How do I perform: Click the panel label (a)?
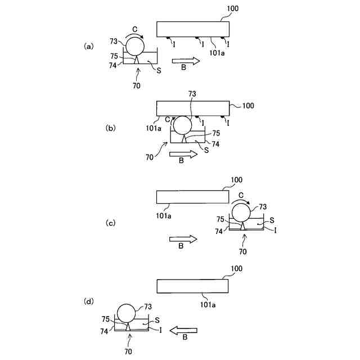tap(88, 47)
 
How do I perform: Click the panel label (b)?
tap(111, 128)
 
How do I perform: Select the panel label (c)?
tap(111, 223)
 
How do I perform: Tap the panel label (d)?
tap(89, 301)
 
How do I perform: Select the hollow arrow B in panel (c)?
tap(183, 239)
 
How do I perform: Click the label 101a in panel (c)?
tap(163, 214)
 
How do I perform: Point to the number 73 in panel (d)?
tap(148, 307)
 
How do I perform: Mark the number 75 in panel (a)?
tap(115, 56)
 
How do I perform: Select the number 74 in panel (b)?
tap(215, 144)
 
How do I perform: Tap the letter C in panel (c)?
tap(241, 195)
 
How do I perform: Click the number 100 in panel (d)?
tap(236, 269)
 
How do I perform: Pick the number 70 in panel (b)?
tap(149, 157)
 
